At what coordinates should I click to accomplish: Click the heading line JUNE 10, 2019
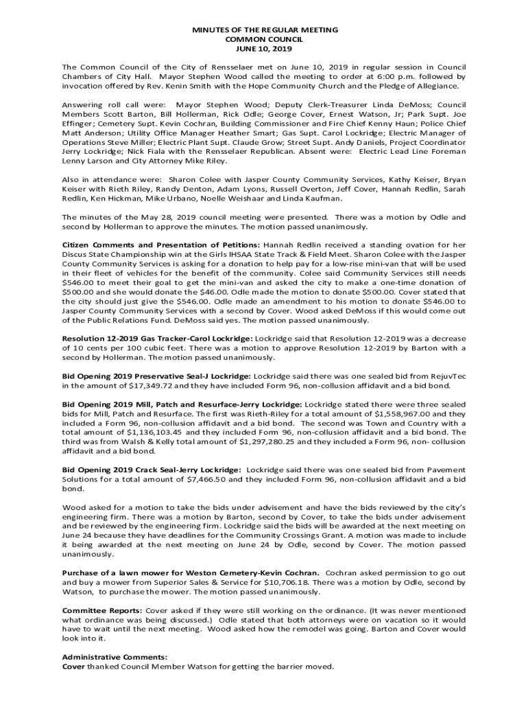264,49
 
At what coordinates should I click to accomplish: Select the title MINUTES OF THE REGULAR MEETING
264,31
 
